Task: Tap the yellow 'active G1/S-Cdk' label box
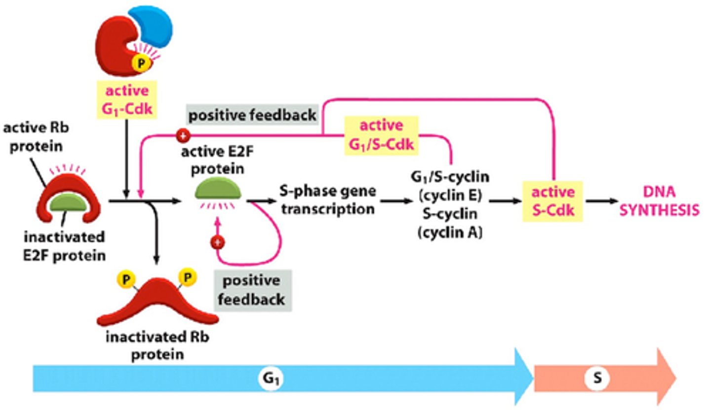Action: (381, 135)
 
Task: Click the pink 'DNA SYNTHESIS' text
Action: (660, 201)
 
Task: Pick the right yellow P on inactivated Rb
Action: (187, 277)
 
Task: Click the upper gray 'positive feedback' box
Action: (252, 115)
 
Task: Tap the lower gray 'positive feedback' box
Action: (252, 290)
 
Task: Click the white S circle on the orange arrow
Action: (597, 378)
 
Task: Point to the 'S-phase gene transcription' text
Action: (328, 200)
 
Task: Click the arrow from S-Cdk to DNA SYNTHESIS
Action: (600, 201)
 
